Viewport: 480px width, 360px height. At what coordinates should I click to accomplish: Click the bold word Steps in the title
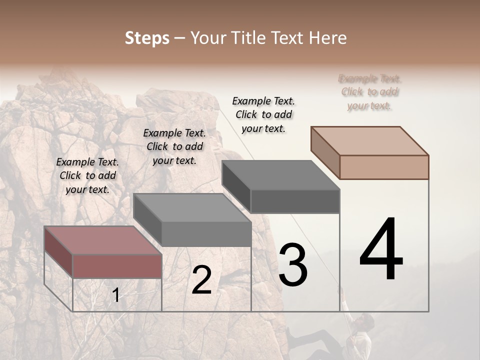[x=147, y=38]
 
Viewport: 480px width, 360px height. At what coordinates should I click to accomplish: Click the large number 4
[x=381, y=249]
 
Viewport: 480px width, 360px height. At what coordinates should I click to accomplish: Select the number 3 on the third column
[x=292, y=265]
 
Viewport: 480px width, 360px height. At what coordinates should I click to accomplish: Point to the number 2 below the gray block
[x=201, y=280]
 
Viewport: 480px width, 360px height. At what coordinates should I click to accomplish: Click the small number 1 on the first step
[x=116, y=295]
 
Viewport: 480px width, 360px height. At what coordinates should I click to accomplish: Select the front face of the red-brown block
[x=117, y=265]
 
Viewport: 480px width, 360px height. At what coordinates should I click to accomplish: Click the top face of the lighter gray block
[x=192, y=207]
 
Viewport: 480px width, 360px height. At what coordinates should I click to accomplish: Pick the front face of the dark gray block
[x=294, y=201]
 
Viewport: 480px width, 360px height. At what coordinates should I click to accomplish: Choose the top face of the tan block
[x=370, y=140]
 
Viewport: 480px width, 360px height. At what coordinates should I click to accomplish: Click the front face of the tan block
[x=384, y=167]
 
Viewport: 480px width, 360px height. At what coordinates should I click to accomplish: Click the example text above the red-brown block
[x=87, y=175]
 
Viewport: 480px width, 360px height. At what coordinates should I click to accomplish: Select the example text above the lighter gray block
[x=174, y=146]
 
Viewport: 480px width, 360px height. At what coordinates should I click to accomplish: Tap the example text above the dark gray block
[x=263, y=114]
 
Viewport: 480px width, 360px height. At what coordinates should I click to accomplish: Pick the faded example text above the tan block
[x=370, y=92]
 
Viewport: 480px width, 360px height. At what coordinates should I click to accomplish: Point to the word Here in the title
[x=327, y=38]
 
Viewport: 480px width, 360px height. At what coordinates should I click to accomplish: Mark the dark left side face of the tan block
[x=325, y=152]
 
